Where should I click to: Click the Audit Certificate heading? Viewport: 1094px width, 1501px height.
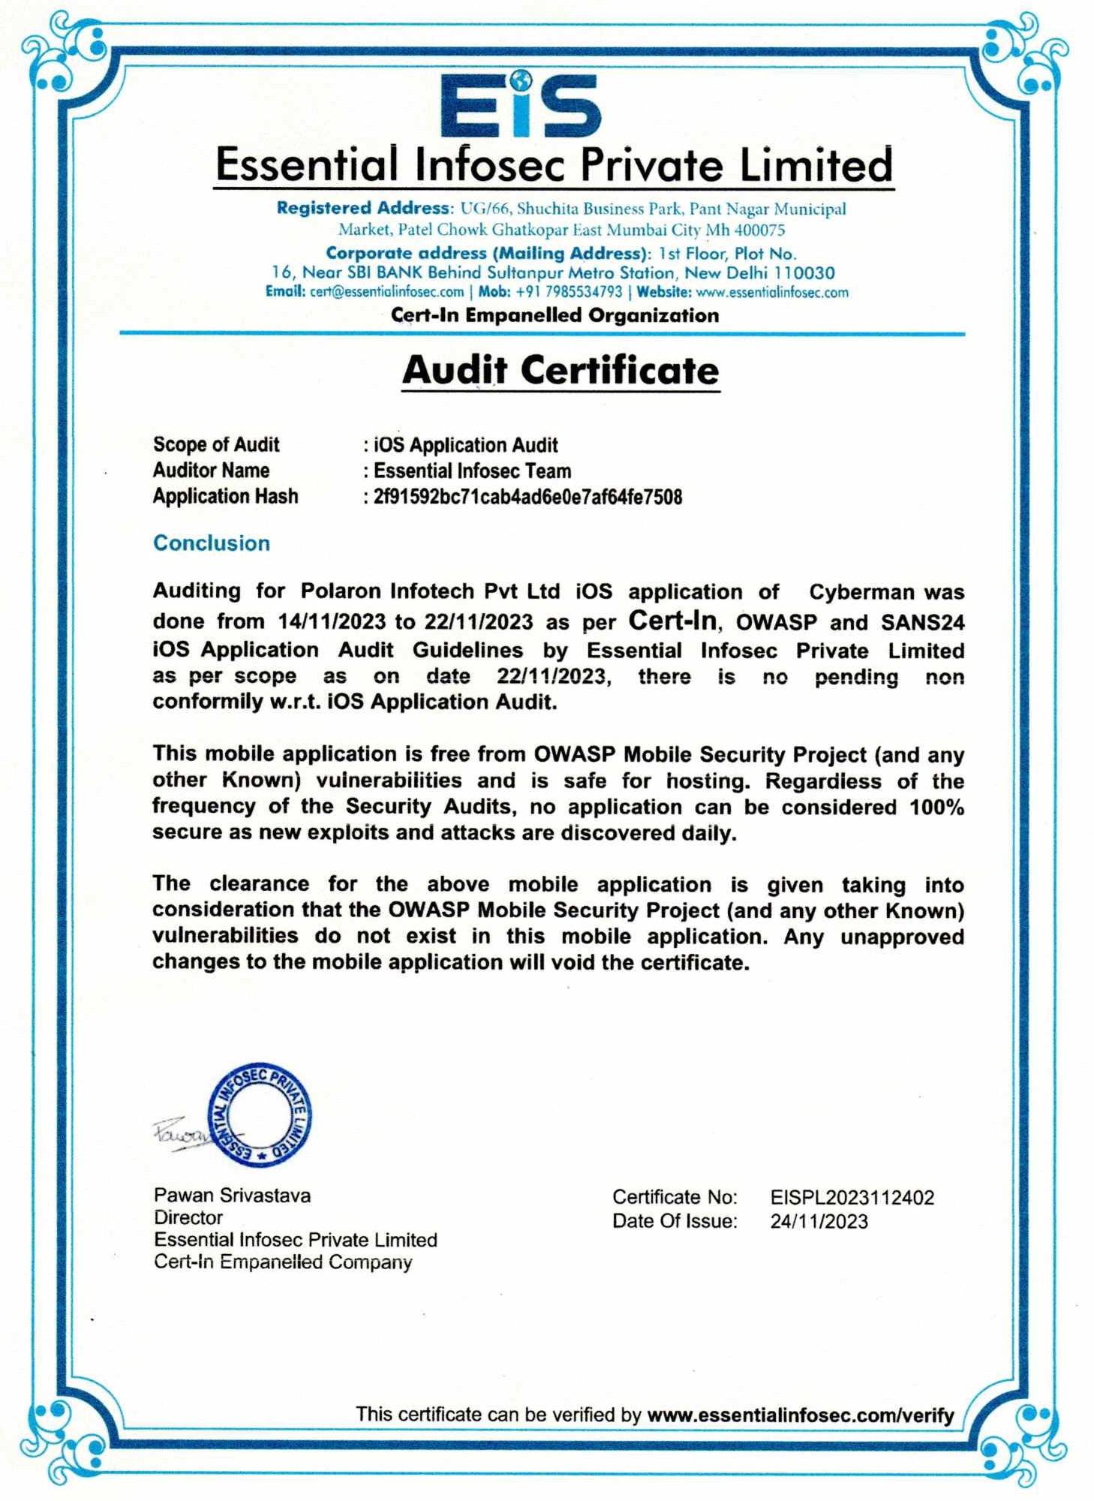[x=561, y=371]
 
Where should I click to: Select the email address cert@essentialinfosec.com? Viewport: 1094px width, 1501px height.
[x=386, y=292]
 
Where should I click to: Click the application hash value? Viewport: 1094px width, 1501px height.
[x=527, y=497]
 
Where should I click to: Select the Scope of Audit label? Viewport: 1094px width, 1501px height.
[x=216, y=444]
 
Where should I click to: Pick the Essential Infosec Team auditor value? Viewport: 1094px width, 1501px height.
[x=472, y=471]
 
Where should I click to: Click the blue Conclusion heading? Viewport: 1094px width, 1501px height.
[x=212, y=543]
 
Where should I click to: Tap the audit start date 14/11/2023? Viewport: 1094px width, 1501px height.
[x=332, y=621]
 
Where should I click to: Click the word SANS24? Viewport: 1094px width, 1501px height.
[x=922, y=622]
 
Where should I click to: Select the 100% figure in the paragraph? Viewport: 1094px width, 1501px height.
[x=936, y=808]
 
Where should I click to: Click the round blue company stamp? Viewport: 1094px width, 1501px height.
[x=260, y=1114]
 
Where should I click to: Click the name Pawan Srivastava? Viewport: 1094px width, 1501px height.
[x=232, y=1195]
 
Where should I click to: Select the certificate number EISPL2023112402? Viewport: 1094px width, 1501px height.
[x=852, y=1197]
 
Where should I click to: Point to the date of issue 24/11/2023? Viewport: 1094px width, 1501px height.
[x=819, y=1221]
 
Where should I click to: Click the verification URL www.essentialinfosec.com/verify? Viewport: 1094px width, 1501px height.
[x=800, y=1415]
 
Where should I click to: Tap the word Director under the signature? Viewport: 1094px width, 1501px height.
[x=188, y=1217]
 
